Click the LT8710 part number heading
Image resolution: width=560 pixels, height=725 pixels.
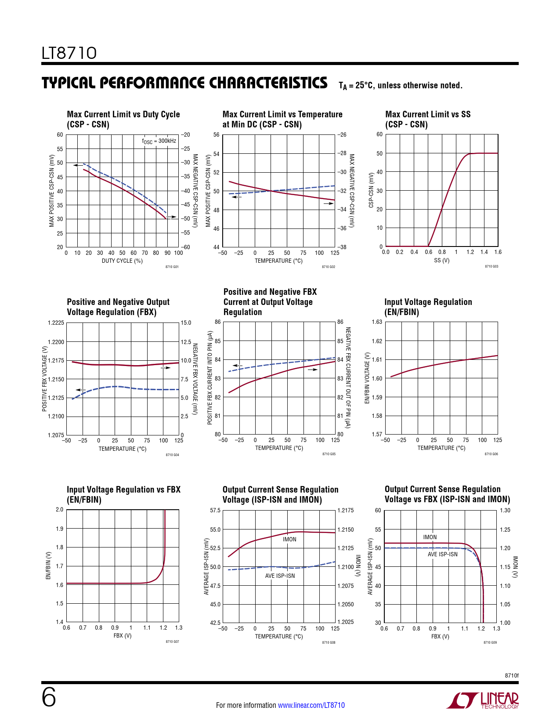click(69, 53)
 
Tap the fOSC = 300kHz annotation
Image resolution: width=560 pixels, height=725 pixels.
click(159, 141)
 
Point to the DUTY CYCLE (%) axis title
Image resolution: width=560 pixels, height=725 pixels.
click(122, 261)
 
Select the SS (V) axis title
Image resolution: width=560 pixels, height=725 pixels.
click(441, 261)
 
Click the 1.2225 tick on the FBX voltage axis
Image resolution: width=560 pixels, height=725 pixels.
click(56, 323)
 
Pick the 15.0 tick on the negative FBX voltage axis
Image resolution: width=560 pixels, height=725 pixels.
click(186, 323)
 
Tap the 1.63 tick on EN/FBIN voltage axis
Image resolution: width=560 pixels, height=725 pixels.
click(377, 322)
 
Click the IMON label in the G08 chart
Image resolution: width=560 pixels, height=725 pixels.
click(289, 540)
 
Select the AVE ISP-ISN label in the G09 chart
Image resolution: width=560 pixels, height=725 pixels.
click(443, 555)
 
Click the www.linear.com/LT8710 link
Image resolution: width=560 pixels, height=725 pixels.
click(311, 705)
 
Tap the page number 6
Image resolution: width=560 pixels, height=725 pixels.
click(49, 697)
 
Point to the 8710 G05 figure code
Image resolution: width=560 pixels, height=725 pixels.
click(329, 454)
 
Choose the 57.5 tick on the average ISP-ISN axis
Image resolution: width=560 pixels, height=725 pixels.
click(215, 511)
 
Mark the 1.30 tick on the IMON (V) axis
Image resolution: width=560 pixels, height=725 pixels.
click(505, 511)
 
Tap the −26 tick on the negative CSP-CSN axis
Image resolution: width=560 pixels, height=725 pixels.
click(342, 135)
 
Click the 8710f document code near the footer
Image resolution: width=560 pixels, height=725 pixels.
click(511, 675)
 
